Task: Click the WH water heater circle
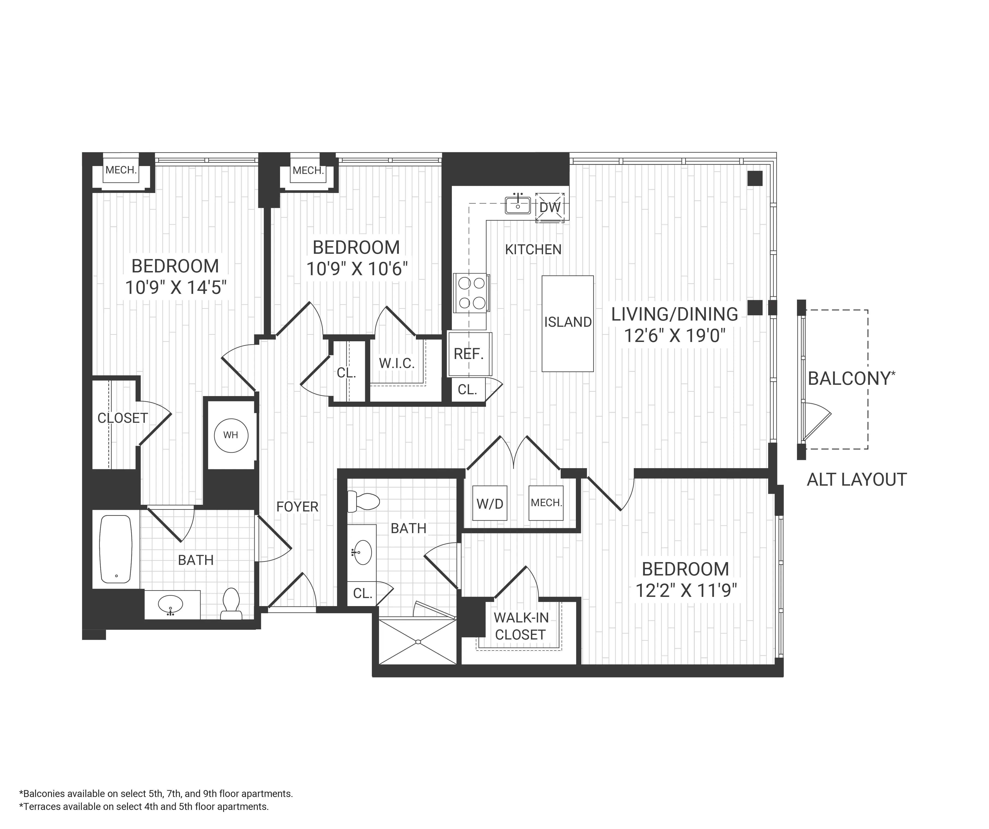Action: [x=231, y=435]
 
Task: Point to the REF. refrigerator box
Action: [x=469, y=354]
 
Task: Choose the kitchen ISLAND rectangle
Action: [x=568, y=324]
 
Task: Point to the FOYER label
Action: [x=297, y=507]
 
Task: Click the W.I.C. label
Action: [x=397, y=363]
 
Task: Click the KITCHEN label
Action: [x=533, y=250]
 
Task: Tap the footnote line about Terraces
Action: [x=144, y=806]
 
